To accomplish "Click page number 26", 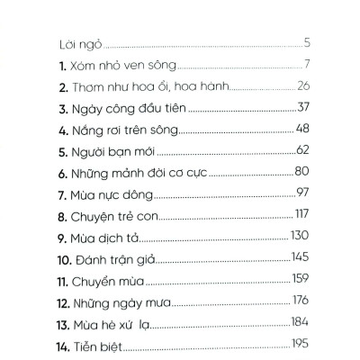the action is click(x=302, y=85).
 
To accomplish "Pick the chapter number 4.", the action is click(x=59, y=130).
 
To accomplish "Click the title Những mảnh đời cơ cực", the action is click(x=139, y=172).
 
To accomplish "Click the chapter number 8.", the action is click(x=59, y=216).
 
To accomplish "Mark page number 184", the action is click(x=301, y=322).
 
